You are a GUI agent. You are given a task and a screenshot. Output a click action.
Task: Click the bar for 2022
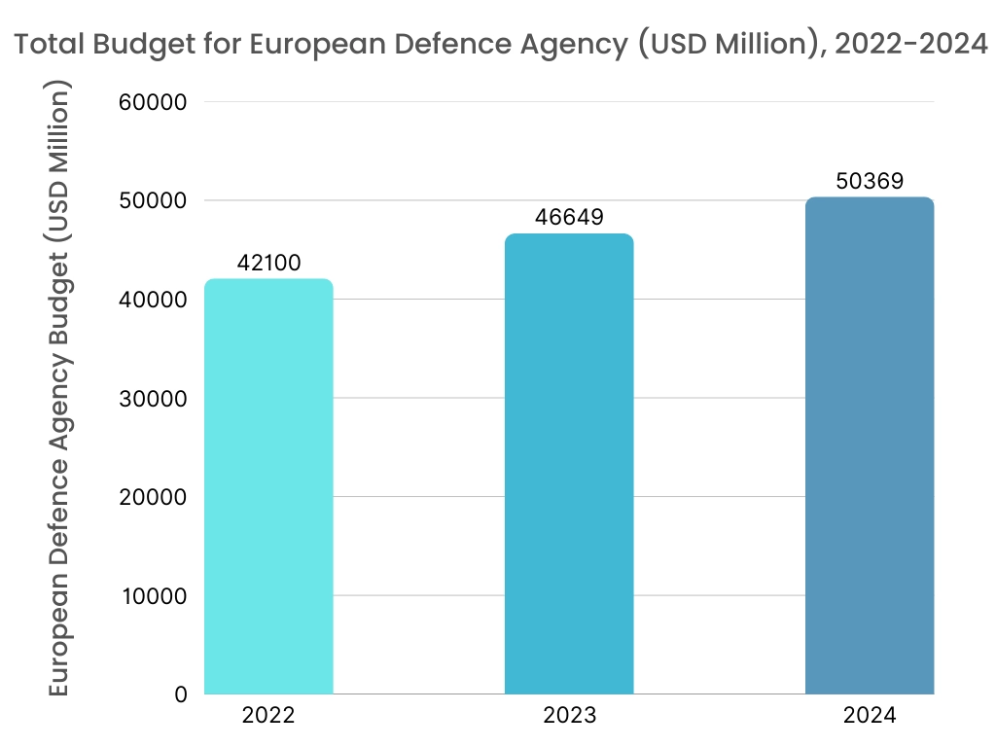(268, 486)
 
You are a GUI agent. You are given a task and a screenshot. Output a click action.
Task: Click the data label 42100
(268, 263)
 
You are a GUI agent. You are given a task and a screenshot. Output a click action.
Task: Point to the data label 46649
(569, 218)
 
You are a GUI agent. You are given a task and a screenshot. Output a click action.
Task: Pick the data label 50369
(870, 181)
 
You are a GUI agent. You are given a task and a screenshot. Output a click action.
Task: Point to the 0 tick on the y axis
(181, 694)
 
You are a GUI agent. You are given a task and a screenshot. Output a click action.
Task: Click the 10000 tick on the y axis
(155, 596)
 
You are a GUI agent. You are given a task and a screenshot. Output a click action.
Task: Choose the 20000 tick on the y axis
(155, 497)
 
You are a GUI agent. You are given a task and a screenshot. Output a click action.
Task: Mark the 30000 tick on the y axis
(155, 399)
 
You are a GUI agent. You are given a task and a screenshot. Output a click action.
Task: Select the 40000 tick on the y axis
(155, 300)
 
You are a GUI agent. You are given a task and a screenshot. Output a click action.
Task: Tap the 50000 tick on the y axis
(155, 201)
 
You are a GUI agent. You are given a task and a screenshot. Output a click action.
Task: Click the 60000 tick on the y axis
(155, 102)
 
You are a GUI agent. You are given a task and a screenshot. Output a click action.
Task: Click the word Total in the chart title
(49, 45)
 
